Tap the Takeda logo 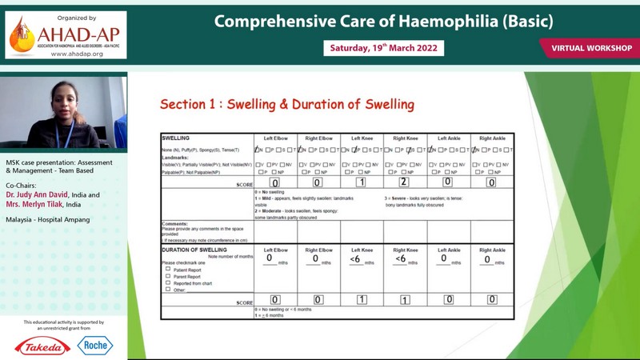click(x=42, y=346)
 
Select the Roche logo click(x=95, y=346)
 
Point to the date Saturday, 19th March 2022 click(x=384, y=48)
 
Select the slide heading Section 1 click(x=286, y=104)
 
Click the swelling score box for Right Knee click(x=405, y=182)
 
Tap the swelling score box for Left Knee click(x=362, y=182)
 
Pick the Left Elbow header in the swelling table click(x=275, y=138)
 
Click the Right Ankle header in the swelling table click(x=492, y=138)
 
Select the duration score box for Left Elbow click(x=274, y=299)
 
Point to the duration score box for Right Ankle click(x=492, y=299)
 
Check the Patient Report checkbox click(x=168, y=270)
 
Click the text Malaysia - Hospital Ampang click(x=48, y=219)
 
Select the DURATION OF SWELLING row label click(x=194, y=250)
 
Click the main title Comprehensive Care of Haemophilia click(x=383, y=21)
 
